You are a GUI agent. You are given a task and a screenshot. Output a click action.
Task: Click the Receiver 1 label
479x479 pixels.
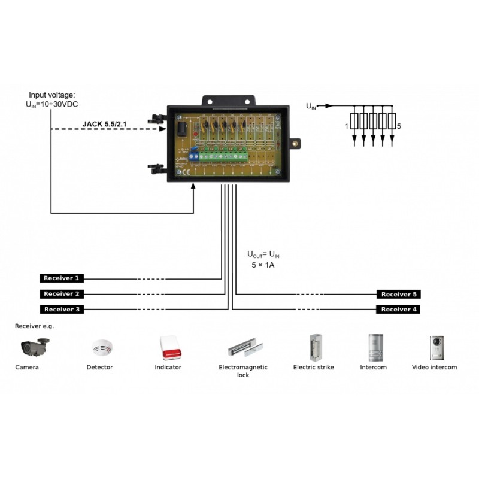(60, 278)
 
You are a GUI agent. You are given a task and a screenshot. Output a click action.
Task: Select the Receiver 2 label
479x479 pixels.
(60, 294)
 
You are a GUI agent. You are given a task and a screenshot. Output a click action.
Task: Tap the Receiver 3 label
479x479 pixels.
(60, 310)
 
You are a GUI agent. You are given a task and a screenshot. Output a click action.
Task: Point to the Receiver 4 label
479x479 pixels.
(398, 310)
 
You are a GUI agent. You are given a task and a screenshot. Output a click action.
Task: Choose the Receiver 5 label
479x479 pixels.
(398, 295)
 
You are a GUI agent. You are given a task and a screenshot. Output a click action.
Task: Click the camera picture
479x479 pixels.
(34, 347)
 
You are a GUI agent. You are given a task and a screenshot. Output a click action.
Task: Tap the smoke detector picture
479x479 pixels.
(99, 348)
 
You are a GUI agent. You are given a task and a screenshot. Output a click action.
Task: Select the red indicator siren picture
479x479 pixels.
(168, 346)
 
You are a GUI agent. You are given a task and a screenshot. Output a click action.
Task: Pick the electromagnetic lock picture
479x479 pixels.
(243, 347)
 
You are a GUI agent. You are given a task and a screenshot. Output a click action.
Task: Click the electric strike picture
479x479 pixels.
(313, 346)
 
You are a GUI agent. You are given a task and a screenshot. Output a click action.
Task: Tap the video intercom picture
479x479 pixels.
(434, 345)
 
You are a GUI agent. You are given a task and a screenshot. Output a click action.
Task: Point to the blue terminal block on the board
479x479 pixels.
(195, 157)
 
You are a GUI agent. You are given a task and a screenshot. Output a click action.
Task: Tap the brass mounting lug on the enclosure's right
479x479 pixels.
(295, 143)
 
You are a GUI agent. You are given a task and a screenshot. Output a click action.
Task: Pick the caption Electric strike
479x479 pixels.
(313, 367)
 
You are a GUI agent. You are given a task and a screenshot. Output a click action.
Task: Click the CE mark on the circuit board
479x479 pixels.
(185, 173)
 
